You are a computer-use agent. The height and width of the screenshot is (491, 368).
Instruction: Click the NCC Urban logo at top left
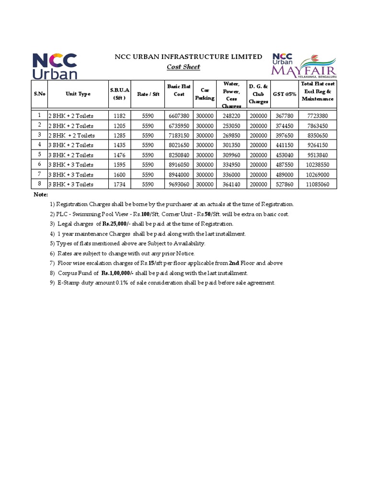pos(54,66)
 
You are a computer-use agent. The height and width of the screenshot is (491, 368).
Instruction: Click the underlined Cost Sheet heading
pos(183,67)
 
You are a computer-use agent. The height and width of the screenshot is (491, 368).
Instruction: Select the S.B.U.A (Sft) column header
pos(119,94)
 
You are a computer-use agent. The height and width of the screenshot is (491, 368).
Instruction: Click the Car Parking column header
pos(205,94)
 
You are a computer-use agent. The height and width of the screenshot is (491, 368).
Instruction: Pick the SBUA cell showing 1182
pos(119,116)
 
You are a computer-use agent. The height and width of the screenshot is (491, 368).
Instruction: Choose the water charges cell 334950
pos(231,165)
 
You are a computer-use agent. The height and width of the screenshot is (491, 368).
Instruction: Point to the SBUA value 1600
pos(119,175)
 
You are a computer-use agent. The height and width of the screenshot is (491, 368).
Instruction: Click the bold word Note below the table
pos(41,195)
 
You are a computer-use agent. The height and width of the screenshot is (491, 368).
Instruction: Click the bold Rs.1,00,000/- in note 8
pos(117,273)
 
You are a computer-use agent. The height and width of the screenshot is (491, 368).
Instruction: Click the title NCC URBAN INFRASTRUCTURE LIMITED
pos(188,57)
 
